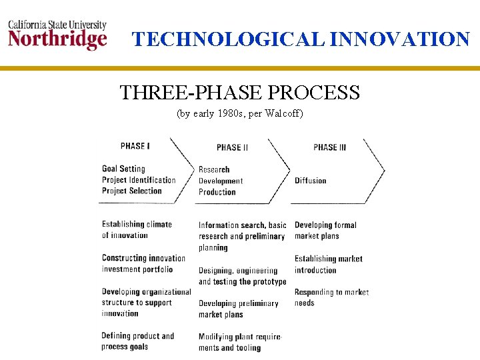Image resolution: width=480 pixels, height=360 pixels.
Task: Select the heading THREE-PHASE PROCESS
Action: tap(239, 92)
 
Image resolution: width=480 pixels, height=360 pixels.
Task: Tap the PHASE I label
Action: tap(135, 146)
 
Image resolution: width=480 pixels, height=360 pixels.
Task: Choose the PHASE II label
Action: tap(232, 147)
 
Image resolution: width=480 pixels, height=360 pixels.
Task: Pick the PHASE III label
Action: tap(329, 147)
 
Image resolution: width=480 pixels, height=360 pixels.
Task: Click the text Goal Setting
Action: tap(123, 169)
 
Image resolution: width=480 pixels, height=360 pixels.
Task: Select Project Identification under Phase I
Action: tap(139, 180)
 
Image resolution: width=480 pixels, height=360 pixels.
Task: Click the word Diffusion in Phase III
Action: tap(311, 181)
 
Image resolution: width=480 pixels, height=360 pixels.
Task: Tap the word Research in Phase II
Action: tap(214, 170)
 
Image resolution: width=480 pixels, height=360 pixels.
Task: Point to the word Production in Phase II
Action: tap(217, 192)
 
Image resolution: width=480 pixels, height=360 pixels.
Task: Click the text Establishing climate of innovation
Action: tap(137, 229)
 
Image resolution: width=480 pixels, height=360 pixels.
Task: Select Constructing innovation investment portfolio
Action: tap(143, 263)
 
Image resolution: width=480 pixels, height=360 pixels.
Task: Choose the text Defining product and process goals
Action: tap(137, 341)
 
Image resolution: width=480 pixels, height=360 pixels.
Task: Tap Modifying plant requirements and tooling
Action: tap(240, 342)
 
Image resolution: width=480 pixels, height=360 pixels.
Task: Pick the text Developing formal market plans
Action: tap(325, 231)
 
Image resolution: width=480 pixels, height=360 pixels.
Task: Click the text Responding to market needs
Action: tap(331, 297)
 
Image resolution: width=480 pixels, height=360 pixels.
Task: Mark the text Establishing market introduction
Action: tap(328, 264)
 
